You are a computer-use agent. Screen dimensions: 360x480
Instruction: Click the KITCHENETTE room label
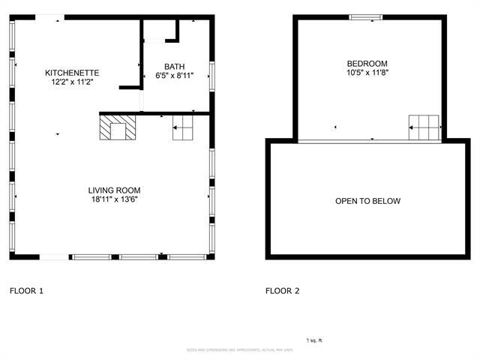point(72,73)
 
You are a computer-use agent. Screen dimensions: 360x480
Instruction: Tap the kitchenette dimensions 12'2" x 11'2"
point(72,82)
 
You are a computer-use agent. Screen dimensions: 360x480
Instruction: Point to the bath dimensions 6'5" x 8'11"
point(175,76)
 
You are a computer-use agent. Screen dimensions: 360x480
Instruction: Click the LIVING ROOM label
point(114,190)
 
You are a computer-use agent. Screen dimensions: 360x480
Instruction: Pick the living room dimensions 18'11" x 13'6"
point(114,199)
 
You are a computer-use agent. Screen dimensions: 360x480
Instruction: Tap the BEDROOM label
point(367,64)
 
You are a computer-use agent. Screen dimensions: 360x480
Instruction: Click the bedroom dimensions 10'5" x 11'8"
point(367,73)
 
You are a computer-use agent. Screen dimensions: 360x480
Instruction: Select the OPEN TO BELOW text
point(367,201)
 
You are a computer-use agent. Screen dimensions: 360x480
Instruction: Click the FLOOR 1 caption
point(26,290)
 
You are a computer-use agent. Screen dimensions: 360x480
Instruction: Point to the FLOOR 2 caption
point(283,290)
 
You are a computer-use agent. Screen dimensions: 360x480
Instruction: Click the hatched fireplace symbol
point(118,127)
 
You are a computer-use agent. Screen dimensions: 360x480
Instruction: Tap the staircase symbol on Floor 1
point(184,128)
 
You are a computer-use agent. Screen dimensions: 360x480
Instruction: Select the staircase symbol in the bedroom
point(423,127)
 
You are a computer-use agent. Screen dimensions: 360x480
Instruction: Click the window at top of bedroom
point(367,17)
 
